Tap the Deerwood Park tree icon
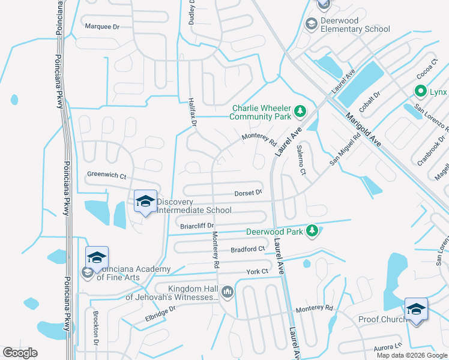[x=312, y=231]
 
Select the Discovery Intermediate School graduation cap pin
[x=145, y=202]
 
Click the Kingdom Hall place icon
[x=227, y=292]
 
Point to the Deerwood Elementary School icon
[x=311, y=24]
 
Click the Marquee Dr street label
[x=103, y=26]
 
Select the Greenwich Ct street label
[x=106, y=176]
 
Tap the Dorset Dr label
[x=248, y=193]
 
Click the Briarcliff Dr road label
[x=197, y=226]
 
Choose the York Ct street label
[x=256, y=272]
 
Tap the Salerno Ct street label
[x=301, y=163]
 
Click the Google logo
[x=20, y=353]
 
